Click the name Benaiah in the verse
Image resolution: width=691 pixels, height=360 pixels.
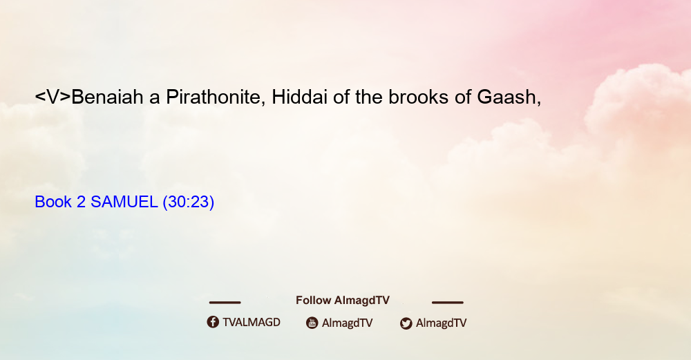pyautogui.click(x=107, y=97)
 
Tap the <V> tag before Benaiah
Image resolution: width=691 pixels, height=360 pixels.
pyautogui.click(x=53, y=97)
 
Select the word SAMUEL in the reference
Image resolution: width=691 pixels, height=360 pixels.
pyautogui.click(x=124, y=202)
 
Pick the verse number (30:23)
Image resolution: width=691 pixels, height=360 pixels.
pyautogui.click(x=189, y=202)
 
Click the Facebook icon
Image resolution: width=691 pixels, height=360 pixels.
pyautogui.click(x=213, y=322)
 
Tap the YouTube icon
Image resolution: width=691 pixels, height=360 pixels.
pyautogui.click(x=312, y=323)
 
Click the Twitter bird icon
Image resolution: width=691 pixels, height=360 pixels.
pyautogui.click(x=406, y=323)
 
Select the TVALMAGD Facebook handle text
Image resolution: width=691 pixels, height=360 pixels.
pyautogui.click(x=252, y=322)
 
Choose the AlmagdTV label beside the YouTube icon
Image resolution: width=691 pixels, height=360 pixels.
pyautogui.click(x=348, y=323)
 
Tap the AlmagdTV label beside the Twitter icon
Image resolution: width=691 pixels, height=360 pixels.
pyautogui.click(x=441, y=323)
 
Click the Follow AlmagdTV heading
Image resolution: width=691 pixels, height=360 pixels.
pyautogui.click(x=343, y=300)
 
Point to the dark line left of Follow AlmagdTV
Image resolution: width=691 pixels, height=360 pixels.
pyautogui.click(x=225, y=303)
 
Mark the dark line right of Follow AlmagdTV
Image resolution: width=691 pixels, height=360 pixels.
pyautogui.click(x=448, y=303)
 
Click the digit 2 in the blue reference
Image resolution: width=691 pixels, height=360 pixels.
pyautogui.click(x=81, y=202)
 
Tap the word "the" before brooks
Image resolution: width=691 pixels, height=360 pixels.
pyautogui.click(x=369, y=97)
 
